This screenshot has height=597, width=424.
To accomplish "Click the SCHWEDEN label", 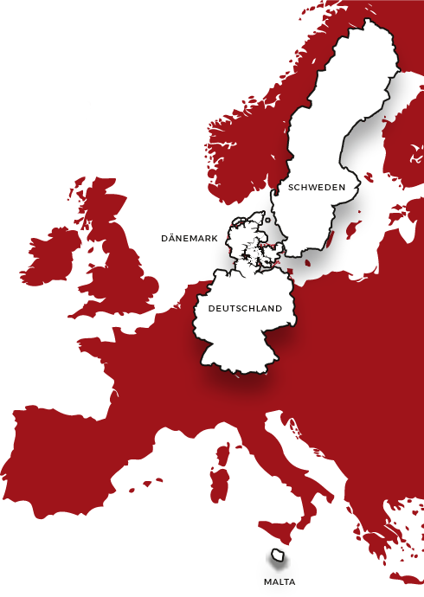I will click(x=317, y=187).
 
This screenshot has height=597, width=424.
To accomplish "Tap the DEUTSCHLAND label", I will click(x=245, y=308).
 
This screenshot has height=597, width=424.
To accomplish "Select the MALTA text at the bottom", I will click(x=279, y=581).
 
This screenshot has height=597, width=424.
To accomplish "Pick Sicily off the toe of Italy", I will click(x=281, y=527).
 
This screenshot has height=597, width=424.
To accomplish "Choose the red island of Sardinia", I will click(x=220, y=485).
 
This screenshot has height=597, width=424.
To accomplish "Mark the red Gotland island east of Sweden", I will click(x=353, y=230).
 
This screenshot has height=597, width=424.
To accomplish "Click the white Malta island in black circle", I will click(x=279, y=560).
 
